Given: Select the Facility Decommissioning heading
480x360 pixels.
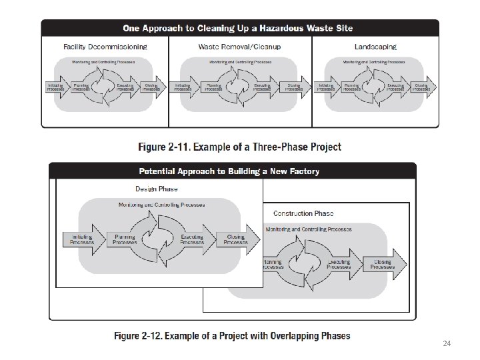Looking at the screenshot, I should pyautogui.click(x=105, y=47).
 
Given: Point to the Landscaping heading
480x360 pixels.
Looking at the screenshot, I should pyautogui.click(x=375, y=47).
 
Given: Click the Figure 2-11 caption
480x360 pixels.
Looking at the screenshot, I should pyautogui.click(x=240, y=147).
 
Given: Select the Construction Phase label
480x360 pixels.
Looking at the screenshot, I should pyautogui.click(x=303, y=213).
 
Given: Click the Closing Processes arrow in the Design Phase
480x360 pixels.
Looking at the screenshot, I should pyautogui.click(x=235, y=239).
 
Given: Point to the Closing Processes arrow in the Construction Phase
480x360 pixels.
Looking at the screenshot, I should pyautogui.click(x=385, y=265).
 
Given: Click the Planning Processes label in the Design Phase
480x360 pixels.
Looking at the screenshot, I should pyautogui.click(x=125, y=239).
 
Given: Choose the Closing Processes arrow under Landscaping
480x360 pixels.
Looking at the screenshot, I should pyautogui.click(x=423, y=87).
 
